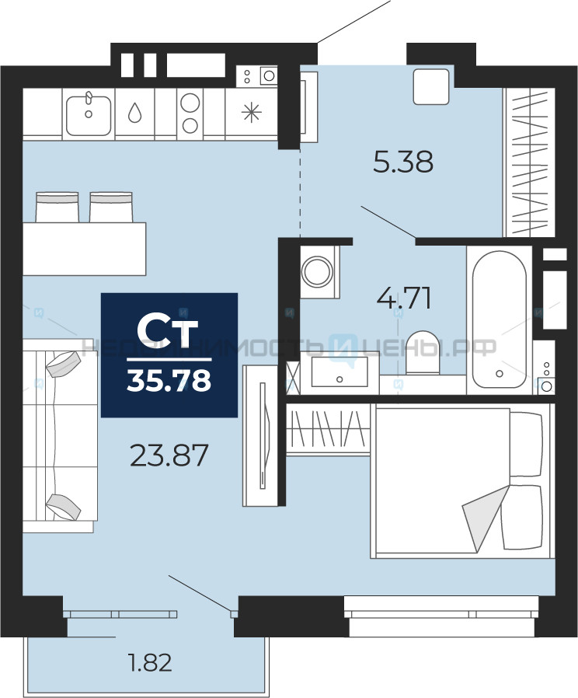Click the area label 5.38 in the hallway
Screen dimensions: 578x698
coord(403,162)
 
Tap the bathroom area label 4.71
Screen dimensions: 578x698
coord(404,298)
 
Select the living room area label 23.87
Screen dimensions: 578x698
coord(169,455)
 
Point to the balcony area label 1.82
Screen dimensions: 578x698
coord(149,662)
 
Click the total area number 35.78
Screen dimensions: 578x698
coord(169,381)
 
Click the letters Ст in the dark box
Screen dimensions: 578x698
coord(167,332)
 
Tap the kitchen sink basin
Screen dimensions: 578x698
coord(89,115)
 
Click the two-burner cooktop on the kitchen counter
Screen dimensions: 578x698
coord(190,114)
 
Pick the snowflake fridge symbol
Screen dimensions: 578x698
coord(252,112)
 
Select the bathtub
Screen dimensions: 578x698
coord(500,319)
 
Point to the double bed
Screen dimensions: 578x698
coord(462,481)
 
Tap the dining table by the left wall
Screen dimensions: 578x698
coord(85,249)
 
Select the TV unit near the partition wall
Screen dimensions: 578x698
coord(260,436)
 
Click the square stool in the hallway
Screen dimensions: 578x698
coord(431,87)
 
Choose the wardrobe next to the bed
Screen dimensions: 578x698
coord(329,430)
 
